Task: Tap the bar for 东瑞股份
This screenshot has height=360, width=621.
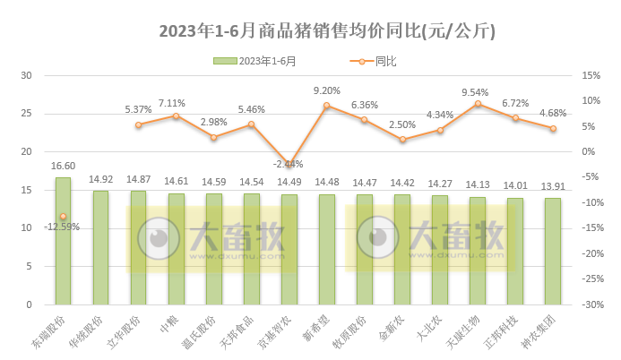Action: coord(63,242)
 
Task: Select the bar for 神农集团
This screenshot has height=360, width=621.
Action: coord(553,252)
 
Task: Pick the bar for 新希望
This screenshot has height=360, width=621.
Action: coord(327,250)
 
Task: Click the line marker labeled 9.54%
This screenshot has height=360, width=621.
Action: coord(478,104)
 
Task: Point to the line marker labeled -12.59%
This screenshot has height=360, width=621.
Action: coord(63,216)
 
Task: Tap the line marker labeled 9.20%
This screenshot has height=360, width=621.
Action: coord(327,106)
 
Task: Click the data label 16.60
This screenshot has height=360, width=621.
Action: coord(63,166)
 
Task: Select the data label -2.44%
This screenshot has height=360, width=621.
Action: coord(289,164)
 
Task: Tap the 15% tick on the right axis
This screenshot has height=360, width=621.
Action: coord(590,75)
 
